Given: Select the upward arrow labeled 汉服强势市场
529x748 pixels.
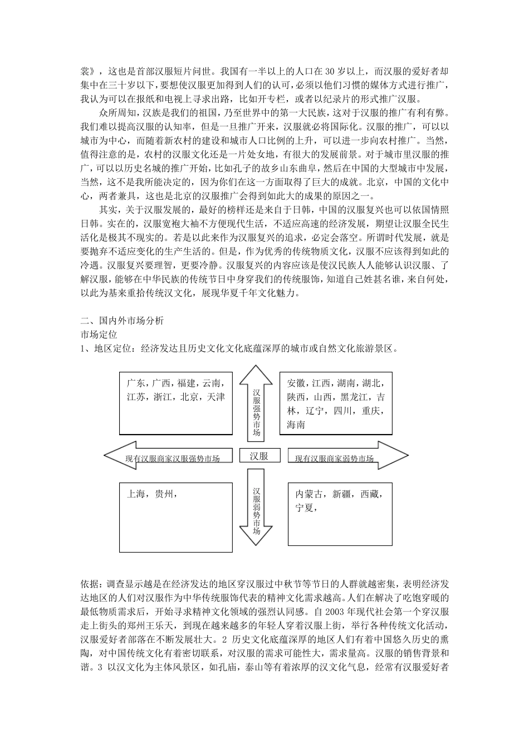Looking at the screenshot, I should [256, 406].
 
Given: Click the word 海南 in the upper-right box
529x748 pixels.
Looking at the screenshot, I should [296, 425].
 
